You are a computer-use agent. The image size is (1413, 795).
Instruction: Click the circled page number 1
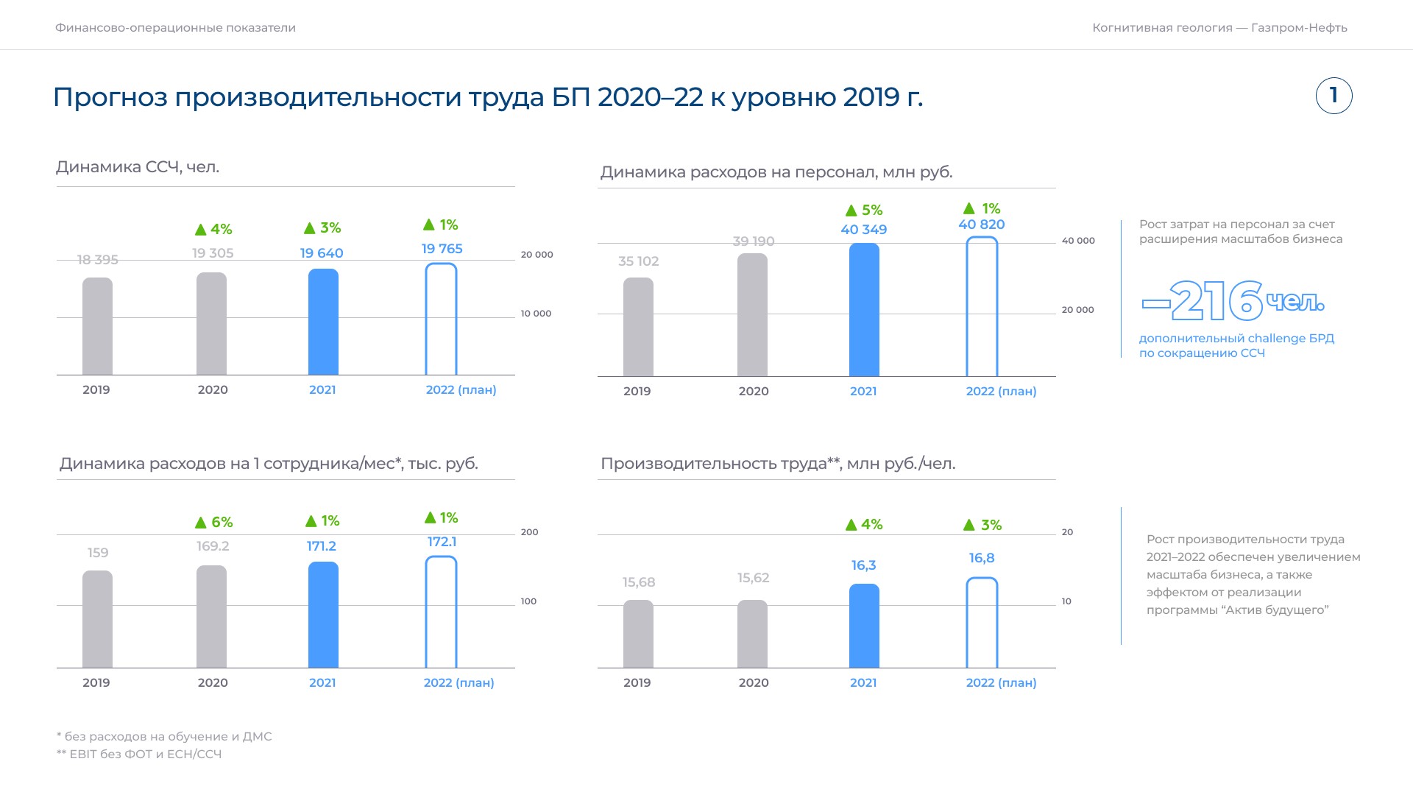tap(1334, 96)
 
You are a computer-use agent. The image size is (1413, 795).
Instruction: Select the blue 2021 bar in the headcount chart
tap(323, 322)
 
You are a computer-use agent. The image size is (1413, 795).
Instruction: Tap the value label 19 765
tap(442, 249)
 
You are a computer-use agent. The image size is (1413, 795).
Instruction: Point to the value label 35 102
tap(638, 261)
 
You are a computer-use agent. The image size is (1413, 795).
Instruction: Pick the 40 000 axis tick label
tap(1078, 241)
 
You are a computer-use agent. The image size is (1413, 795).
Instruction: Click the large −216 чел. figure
tap(1233, 301)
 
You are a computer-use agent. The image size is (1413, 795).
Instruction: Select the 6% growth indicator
tap(213, 522)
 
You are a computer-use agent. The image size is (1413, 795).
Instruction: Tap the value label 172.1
tap(442, 542)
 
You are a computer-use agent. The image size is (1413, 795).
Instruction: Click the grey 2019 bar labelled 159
tap(97, 619)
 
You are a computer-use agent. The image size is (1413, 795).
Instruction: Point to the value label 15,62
tap(753, 578)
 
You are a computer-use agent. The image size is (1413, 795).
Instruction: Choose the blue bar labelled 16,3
tap(864, 626)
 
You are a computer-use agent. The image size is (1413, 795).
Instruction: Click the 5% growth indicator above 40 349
tap(864, 211)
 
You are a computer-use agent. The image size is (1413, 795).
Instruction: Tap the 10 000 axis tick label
tap(536, 314)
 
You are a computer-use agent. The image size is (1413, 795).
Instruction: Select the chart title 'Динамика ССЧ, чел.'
tap(138, 167)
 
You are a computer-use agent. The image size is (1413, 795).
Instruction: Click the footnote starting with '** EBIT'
tap(139, 754)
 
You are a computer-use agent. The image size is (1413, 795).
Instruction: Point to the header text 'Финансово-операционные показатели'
tap(175, 28)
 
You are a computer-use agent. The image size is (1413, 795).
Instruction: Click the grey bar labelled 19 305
tap(212, 324)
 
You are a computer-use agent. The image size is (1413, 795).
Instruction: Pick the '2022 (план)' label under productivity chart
tap(1001, 683)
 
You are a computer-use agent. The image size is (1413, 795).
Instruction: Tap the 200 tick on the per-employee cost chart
tap(529, 532)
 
